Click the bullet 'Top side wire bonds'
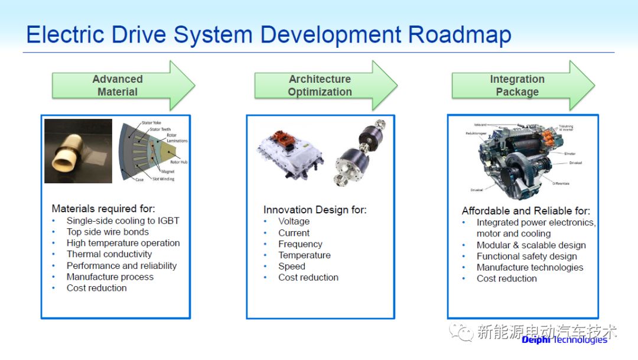108,232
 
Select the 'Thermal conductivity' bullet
109,254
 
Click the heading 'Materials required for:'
103,208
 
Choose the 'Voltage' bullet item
294,221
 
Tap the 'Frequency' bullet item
300,244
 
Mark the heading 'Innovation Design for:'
315,210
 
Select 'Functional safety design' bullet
527,256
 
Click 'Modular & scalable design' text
531,245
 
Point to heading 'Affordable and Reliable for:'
526,211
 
